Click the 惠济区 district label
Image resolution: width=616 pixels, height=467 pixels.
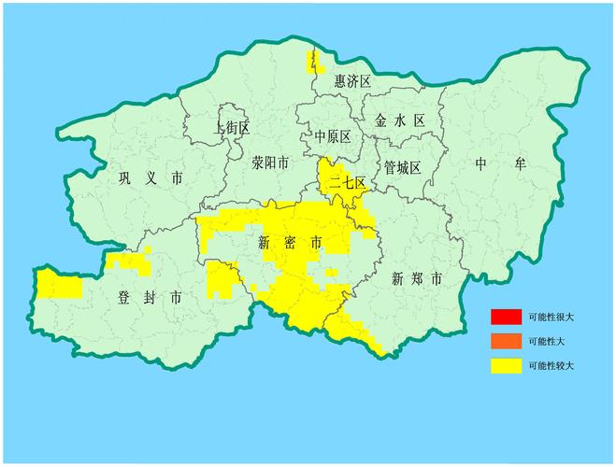353,82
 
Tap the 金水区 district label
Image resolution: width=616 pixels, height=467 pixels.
399,120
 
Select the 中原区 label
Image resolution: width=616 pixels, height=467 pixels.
333,136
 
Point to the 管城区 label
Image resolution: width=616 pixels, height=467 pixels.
403,167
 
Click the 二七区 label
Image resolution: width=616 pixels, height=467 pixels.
346,183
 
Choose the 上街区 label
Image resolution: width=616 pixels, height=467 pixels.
231,127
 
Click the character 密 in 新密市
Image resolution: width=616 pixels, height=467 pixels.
290,243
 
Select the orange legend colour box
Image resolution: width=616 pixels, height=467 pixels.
506,341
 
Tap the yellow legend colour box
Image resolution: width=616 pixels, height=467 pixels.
506,365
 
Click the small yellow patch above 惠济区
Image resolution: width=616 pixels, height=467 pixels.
312,62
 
